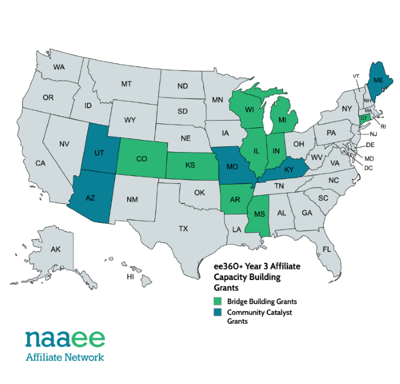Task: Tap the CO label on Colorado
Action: (x=142, y=159)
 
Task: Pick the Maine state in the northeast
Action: (x=378, y=81)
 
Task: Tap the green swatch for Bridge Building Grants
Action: (x=217, y=301)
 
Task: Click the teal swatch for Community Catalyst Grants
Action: (x=217, y=313)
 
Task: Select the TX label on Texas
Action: (x=183, y=229)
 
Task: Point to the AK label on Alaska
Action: (x=55, y=250)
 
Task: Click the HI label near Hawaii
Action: (x=130, y=277)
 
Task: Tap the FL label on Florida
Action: (x=327, y=250)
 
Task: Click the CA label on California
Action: (x=40, y=163)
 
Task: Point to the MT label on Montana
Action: (x=126, y=84)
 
